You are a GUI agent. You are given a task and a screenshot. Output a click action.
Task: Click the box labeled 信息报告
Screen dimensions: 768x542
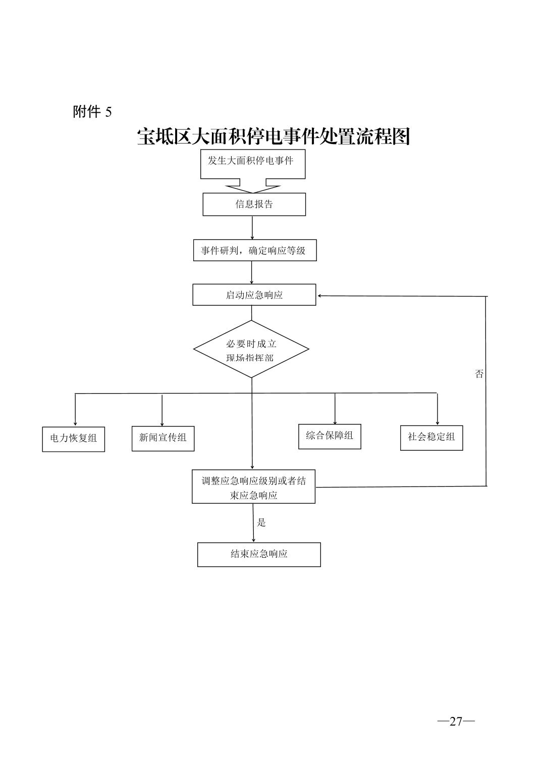coord(254,205)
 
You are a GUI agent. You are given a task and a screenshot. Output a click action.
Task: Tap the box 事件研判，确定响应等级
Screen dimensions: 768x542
coord(254,251)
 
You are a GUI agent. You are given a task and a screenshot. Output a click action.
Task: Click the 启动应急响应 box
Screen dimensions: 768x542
coord(254,295)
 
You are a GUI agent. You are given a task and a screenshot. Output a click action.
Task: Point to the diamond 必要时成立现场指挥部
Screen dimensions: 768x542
coord(251,350)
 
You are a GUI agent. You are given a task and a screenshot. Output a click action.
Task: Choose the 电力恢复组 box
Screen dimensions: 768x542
coord(73,439)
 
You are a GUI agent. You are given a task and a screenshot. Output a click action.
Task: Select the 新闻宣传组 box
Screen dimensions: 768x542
coord(162,438)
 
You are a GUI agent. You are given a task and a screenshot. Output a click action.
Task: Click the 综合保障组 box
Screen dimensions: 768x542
coord(330,436)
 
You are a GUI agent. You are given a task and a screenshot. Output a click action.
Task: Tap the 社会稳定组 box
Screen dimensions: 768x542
coord(431,437)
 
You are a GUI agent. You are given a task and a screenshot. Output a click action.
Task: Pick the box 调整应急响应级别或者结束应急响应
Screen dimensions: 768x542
coord(253,488)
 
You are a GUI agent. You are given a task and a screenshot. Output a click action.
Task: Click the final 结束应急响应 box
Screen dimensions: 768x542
coord(258,554)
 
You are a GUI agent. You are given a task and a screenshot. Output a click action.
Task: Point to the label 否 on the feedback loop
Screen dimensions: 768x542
coord(479,374)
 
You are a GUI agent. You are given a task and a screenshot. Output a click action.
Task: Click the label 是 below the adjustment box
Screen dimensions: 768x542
coord(261,522)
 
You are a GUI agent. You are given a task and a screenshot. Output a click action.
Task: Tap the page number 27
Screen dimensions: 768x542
coord(456,721)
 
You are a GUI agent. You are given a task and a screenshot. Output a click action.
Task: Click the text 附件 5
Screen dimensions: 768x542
coord(92,112)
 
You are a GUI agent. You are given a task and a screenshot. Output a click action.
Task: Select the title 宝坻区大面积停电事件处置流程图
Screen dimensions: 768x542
coord(273,136)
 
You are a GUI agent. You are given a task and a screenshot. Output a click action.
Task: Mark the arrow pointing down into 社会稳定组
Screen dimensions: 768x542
coord(437,409)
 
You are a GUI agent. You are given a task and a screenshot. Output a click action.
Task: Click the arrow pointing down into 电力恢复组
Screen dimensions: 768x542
coord(75,410)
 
